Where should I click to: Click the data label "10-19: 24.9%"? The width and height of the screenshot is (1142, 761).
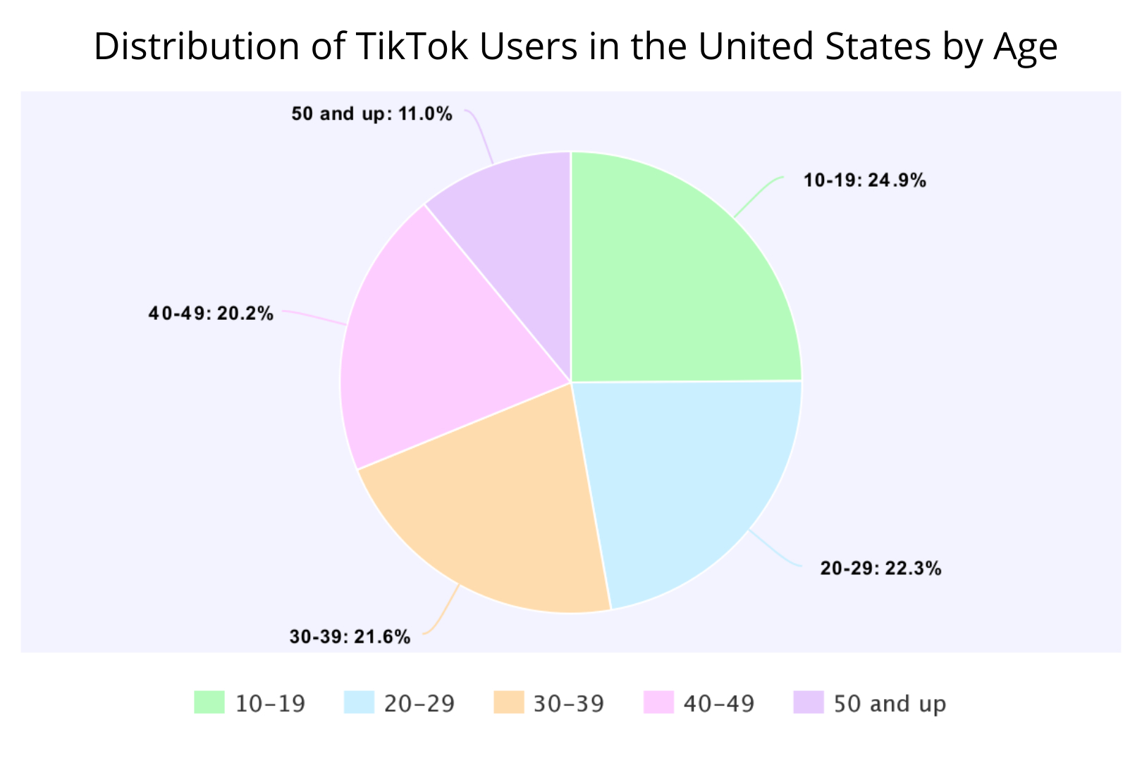tap(865, 181)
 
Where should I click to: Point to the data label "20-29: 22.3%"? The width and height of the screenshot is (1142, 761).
tap(880, 569)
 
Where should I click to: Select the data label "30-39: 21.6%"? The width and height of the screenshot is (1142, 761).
tap(350, 638)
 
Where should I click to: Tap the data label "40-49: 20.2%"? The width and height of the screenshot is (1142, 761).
tap(211, 314)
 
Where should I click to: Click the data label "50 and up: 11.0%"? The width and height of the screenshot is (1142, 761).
tap(372, 114)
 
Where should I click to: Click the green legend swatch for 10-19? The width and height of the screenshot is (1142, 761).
tap(209, 703)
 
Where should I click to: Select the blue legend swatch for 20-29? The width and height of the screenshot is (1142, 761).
tap(359, 703)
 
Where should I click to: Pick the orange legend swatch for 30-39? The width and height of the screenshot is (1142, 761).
tap(509, 703)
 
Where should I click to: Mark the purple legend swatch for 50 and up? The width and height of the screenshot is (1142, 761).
tap(809, 703)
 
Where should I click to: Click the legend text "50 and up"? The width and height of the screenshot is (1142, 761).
tap(890, 704)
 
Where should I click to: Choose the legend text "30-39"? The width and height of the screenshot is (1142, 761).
tap(569, 704)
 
